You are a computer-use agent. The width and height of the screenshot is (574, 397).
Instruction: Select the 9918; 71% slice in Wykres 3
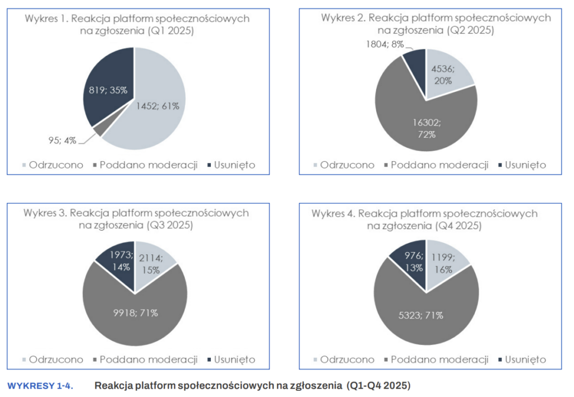[135, 312]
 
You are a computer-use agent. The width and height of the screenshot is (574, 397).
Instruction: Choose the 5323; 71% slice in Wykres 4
[424, 315]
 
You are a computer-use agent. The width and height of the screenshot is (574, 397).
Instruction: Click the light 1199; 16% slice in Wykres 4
[445, 261]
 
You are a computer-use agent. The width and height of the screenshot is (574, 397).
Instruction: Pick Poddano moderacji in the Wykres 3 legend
[149, 359]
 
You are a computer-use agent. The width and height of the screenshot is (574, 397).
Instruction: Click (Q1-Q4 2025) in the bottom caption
[379, 386]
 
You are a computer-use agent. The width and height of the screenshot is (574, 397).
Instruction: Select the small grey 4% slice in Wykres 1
[99, 131]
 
